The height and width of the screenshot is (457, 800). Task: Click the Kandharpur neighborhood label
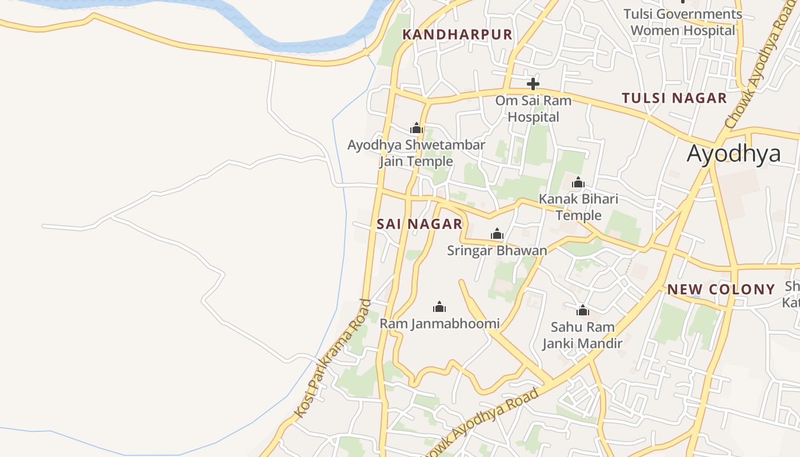[x=457, y=34]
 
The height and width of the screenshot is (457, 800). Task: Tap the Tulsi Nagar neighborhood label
[x=674, y=98]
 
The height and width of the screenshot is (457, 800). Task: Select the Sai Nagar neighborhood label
[x=419, y=224]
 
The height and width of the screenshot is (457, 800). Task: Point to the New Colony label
[x=721, y=289]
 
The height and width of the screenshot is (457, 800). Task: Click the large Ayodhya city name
[x=734, y=154]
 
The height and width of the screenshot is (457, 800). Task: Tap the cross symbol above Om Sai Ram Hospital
[x=533, y=84]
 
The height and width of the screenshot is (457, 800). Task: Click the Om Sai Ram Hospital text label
[x=533, y=109]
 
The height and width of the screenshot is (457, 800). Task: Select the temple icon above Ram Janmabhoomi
[x=439, y=307]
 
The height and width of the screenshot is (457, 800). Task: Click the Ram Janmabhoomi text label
[x=439, y=323]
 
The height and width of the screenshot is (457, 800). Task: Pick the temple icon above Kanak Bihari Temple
[x=578, y=182]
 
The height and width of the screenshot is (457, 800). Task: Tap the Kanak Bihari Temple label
[x=578, y=207]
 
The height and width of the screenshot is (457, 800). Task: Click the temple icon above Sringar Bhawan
[x=497, y=234]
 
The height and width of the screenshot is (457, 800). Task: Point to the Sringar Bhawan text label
[x=497, y=250]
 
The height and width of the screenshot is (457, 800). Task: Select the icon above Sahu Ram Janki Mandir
[x=582, y=310]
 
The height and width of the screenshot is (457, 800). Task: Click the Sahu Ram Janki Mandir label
[x=582, y=335]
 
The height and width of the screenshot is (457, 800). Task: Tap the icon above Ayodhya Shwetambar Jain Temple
[x=416, y=128]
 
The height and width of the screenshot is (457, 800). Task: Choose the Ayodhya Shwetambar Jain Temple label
[x=416, y=153]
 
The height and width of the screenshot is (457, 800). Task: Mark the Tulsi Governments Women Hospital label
[x=683, y=22]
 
